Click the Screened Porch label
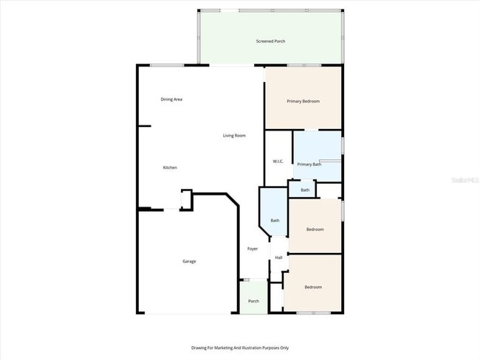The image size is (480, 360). click(270, 41)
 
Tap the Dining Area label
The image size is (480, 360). click(171, 99)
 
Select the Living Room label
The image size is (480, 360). click(234, 136)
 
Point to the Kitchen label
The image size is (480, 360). click(170, 167)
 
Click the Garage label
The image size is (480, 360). click(190, 261)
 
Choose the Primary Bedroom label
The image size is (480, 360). click(303, 101)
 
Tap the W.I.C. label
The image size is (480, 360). click(278, 161)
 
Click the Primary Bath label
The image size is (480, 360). click(309, 165)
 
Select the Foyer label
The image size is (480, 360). click(253, 249)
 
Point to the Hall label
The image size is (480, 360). click(278, 257)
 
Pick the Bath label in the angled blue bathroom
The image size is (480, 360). click(275, 221)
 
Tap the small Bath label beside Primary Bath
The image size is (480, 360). click(304, 190)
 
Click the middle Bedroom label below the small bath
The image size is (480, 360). click(315, 229)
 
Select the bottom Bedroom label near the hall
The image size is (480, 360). click(313, 287)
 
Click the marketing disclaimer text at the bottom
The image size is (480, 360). click(240, 347)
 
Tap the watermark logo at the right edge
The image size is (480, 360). click(467, 179)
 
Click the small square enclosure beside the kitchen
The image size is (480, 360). click(186, 199)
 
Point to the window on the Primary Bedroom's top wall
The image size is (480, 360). click(304, 66)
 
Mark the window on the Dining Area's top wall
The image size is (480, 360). click(167, 65)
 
